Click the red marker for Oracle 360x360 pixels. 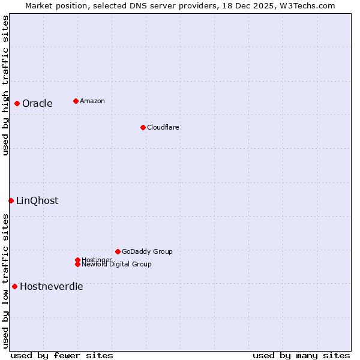17,103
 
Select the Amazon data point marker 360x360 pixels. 76,101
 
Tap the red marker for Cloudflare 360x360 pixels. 143,127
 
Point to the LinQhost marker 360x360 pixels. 11,200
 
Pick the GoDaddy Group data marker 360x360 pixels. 118,251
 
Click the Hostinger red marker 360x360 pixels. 77,260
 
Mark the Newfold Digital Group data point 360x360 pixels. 77,264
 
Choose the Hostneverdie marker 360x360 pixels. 14,286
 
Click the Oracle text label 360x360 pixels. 37,103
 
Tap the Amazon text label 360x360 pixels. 92,101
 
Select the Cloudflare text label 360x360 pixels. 163,127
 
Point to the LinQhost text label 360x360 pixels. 37,200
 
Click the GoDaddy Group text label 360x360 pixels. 147,251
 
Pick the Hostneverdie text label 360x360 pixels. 51,286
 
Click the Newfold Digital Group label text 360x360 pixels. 116,264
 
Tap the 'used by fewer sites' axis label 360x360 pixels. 62,355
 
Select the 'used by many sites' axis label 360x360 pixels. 301,355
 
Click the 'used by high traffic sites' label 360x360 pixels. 5,85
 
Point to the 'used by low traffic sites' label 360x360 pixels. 5,281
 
